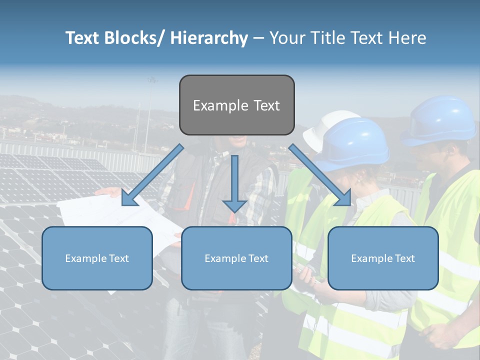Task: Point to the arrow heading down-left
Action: [150, 176]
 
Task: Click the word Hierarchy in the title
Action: [209, 38]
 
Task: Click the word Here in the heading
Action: [407, 38]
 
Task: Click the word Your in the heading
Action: [286, 38]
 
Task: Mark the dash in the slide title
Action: [258, 38]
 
